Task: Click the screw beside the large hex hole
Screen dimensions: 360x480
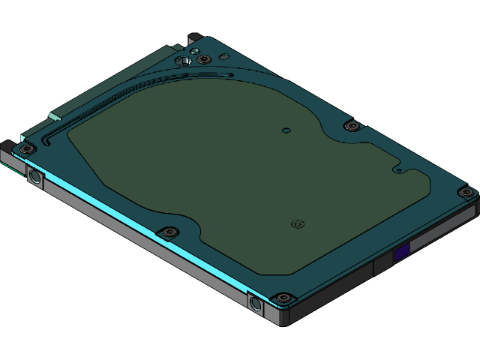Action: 202,59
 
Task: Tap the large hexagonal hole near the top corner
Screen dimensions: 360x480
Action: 181,60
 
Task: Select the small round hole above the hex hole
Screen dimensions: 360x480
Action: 193,50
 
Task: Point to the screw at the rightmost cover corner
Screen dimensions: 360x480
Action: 466,193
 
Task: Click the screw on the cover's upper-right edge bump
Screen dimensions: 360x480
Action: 350,125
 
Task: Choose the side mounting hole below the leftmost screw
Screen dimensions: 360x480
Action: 34,178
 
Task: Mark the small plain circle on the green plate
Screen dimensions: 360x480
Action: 286,130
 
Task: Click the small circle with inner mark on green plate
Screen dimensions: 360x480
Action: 297,223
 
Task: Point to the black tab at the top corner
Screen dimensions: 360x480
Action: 193,36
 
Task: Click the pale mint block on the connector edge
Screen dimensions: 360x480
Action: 54,116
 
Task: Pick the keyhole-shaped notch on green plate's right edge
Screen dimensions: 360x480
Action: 400,170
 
